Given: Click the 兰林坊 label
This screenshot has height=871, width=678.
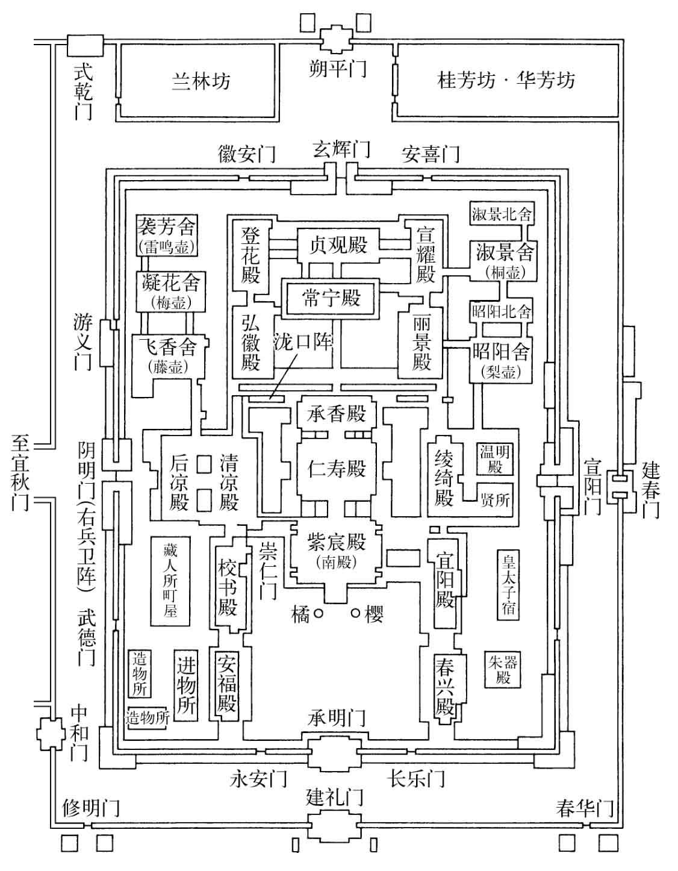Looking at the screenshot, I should [201, 81].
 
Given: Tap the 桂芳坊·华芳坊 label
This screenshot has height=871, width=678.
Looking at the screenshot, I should [506, 80].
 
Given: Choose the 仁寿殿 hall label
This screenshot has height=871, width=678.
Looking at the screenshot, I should [337, 468].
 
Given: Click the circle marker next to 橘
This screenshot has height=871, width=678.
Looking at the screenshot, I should [319, 613].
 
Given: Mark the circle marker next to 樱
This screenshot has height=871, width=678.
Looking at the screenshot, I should [356, 613].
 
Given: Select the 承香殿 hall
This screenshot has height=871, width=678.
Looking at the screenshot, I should [337, 414].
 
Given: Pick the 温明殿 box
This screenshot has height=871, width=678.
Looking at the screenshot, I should [496, 458].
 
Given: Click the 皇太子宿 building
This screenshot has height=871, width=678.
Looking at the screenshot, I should [508, 584].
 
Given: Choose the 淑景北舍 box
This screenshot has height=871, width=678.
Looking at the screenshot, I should [502, 214].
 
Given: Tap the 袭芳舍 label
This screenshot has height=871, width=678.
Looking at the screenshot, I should [167, 227].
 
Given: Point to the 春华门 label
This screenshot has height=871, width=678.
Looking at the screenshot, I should [584, 808].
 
